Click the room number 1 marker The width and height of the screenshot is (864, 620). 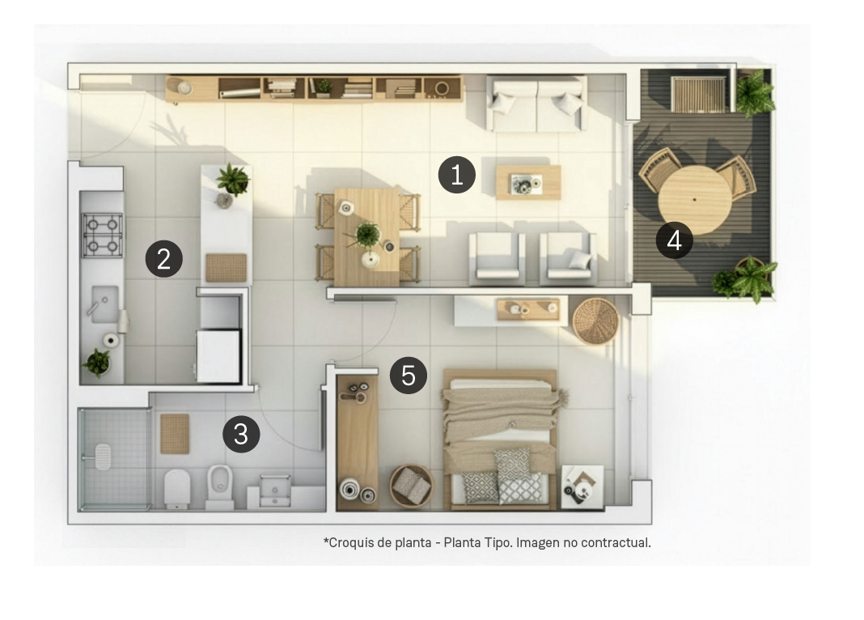click(x=456, y=176)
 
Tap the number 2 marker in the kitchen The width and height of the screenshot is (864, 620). click(x=163, y=259)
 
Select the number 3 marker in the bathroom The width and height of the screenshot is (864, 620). click(x=241, y=435)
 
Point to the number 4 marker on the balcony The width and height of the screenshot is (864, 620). click(x=674, y=240)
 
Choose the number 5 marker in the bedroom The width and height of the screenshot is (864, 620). click(x=408, y=376)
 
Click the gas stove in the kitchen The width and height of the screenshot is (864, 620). click(x=103, y=235)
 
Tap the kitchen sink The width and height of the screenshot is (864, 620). click(x=104, y=304)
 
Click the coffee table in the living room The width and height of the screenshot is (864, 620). click(x=528, y=182)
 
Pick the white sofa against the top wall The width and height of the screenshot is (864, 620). click(x=536, y=103)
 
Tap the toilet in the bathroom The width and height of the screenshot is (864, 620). click(x=177, y=488)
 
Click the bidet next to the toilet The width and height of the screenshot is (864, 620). click(x=219, y=484)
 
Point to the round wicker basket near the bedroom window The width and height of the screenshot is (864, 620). click(x=595, y=321)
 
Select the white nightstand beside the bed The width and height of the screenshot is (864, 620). click(x=582, y=486)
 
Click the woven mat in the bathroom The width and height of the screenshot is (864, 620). click(x=175, y=434)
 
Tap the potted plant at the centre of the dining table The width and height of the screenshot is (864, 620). click(x=367, y=236)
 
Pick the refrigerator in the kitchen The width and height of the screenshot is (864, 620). click(x=218, y=355)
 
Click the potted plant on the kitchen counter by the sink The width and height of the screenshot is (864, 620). click(x=97, y=363)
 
